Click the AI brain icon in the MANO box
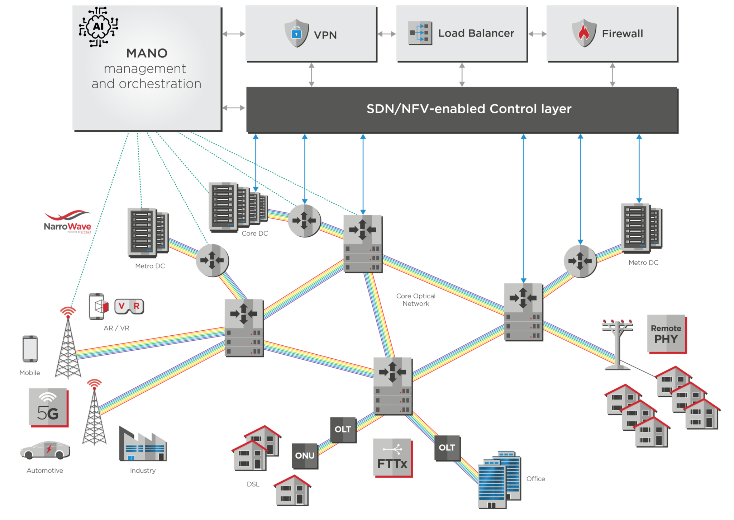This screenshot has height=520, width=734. pyautogui.click(x=99, y=27)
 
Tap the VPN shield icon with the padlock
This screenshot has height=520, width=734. pyautogui.click(x=296, y=33)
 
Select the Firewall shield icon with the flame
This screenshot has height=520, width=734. pyautogui.click(x=584, y=33)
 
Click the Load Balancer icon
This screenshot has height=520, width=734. pyautogui.click(x=420, y=33)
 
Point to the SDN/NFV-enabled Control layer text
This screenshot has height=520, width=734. pyautogui.click(x=468, y=109)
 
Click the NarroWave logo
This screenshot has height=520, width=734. pyautogui.click(x=67, y=222)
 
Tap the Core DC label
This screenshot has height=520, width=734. pyautogui.click(x=254, y=233)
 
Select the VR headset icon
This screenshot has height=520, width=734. pyautogui.click(x=129, y=306)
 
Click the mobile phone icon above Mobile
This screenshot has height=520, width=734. pyautogui.click(x=30, y=349)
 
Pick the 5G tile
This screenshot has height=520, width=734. pyautogui.click(x=48, y=407)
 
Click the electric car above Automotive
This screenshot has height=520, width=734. pyautogui.click(x=45, y=450)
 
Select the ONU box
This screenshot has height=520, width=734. pyautogui.click(x=305, y=456)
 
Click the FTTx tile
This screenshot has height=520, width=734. pyautogui.click(x=392, y=458)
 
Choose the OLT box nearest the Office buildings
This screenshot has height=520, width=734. pyautogui.click(x=447, y=448)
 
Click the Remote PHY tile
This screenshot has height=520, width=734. pyautogui.click(x=666, y=334)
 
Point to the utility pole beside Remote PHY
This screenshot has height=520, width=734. pyautogui.click(x=617, y=344)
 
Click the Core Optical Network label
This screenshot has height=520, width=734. pyautogui.click(x=416, y=300)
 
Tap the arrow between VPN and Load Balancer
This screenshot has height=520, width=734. pyautogui.click(x=386, y=34)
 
